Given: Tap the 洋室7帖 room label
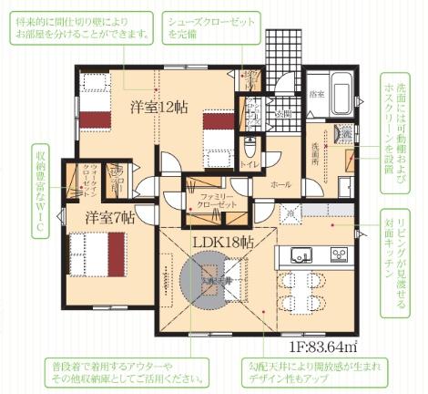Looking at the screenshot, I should click(x=110, y=218).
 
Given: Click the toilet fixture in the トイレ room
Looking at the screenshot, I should click(x=250, y=149).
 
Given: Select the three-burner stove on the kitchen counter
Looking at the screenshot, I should click(x=338, y=253).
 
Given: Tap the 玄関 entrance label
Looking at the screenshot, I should click(x=283, y=114).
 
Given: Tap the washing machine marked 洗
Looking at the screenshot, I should click(x=346, y=133).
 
